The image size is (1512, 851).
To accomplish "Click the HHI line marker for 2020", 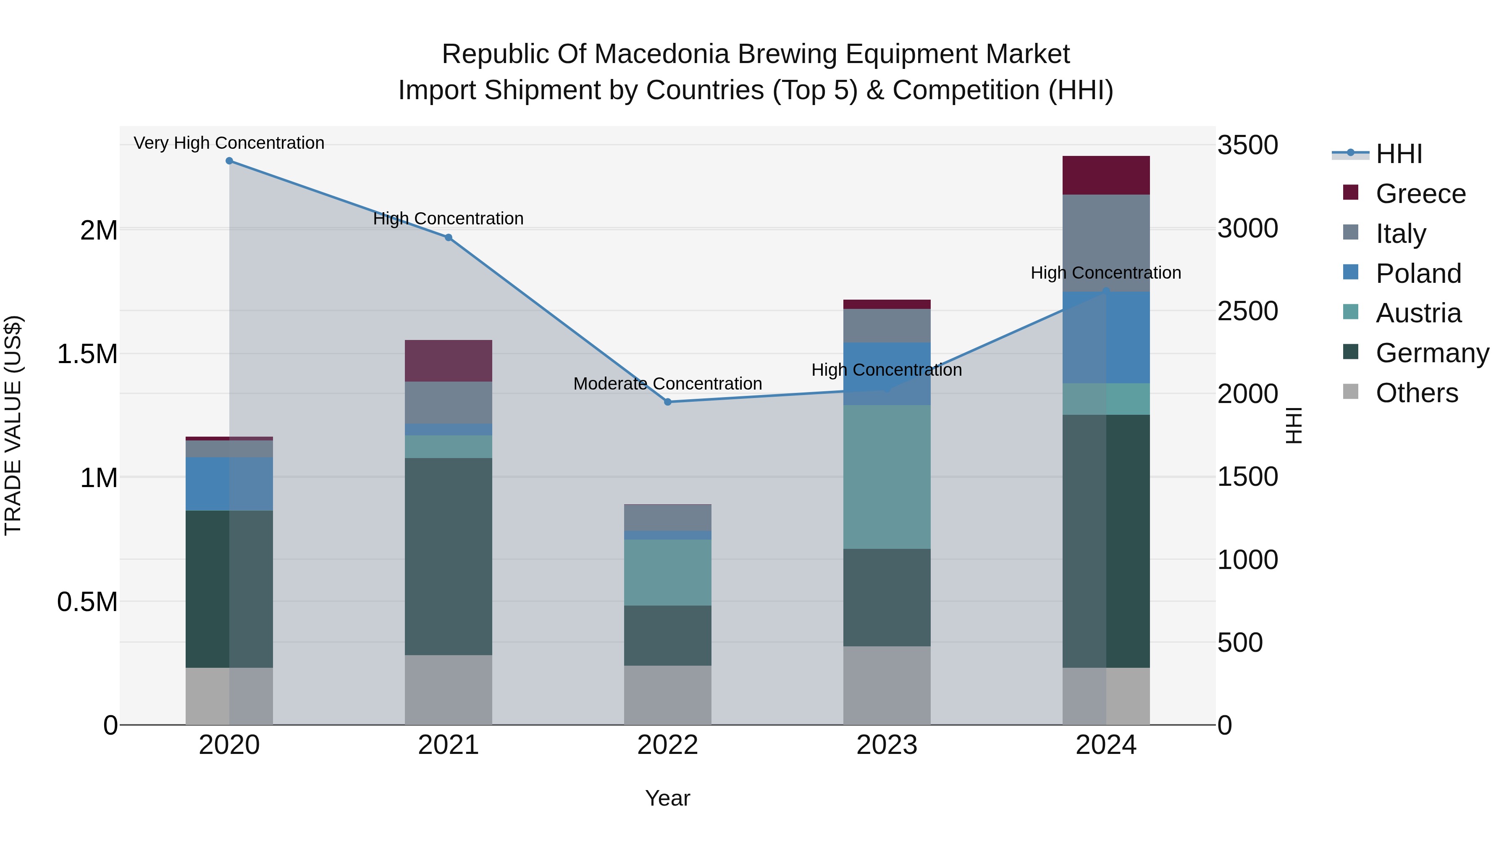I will click(x=229, y=161).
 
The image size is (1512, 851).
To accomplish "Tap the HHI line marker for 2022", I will click(x=667, y=402).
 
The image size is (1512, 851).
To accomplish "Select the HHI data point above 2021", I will click(x=449, y=237).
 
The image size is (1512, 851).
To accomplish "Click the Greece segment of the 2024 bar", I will click(x=1106, y=175).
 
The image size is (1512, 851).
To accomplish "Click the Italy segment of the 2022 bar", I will click(x=667, y=517).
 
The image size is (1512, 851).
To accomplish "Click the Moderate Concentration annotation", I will click(x=667, y=384).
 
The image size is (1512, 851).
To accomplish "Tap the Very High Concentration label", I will click(x=229, y=143).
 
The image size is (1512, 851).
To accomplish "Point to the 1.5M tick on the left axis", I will click(x=87, y=354).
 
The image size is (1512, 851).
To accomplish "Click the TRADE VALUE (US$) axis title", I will click(x=13, y=425).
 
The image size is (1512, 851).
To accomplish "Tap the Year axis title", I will click(x=667, y=798).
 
